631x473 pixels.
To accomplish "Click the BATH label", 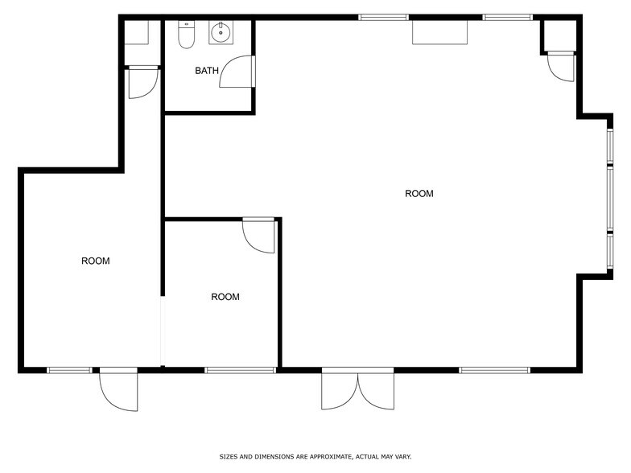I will pos(207,71).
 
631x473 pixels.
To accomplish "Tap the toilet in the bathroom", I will pos(187,35).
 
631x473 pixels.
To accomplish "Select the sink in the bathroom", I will pos(220,33).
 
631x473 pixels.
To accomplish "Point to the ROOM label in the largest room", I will pos(419,194).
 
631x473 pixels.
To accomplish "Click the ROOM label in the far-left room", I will pos(96,261).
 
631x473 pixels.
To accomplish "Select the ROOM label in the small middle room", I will pos(225,297).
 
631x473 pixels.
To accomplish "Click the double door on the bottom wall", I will pos(358,389).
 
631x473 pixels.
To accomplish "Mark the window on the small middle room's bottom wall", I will pos(240,370).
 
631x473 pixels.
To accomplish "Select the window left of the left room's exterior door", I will pos(69,370).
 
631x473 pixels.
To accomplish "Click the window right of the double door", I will pos(494,370).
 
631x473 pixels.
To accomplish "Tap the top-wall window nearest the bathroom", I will pos(383,16).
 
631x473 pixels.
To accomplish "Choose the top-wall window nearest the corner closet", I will pos(507,16).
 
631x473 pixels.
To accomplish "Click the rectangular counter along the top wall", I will pos(440,32).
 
